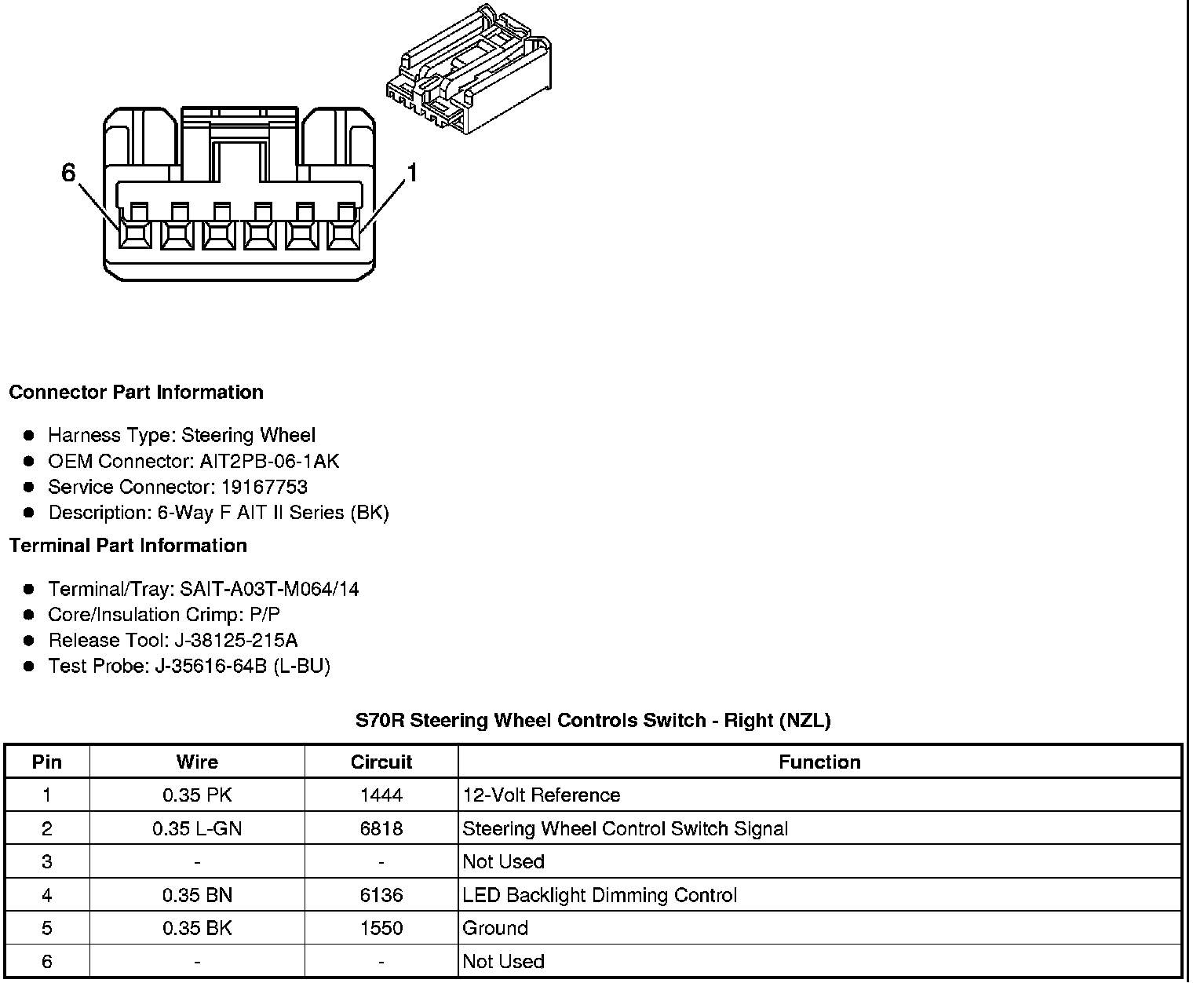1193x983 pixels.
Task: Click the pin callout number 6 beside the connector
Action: (x=69, y=173)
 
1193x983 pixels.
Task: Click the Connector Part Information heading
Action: (x=136, y=392)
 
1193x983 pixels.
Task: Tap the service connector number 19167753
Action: (x=264, y=487)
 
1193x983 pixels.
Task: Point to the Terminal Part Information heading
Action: (x=128, y=546)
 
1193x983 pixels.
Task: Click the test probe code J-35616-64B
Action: (x=212, y=667)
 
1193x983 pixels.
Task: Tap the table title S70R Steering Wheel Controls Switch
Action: (x=593, y=720)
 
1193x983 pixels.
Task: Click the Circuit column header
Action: (x=381, y=762)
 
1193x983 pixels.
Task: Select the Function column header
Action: (x=819, y=762)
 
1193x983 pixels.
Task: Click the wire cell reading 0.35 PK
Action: (x=197, y=795)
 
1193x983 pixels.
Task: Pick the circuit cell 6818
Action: (x=381, y=828)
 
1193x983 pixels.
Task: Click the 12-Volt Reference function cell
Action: (x=542, y=795)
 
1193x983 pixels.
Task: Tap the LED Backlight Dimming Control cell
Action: (x=600, y=895)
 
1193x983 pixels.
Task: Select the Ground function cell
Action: (x=494, y=928)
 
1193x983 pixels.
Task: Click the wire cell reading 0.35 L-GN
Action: (x=197, y=828)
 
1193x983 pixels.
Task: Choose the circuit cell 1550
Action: (x=381, y=928)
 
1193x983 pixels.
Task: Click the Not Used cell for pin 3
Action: (x=503, y=861)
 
